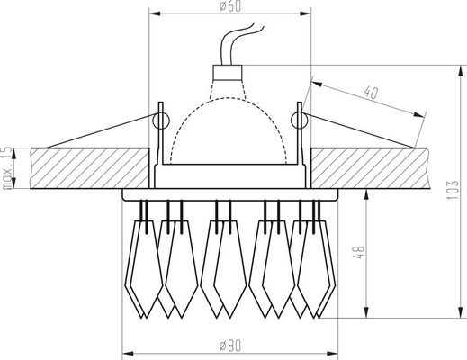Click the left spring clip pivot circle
pyautogui.click(x=161, y=118)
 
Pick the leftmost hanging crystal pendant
pyautogui.click(x=144, y=261)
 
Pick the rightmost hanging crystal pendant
pyautogui.click(x=314, y=261)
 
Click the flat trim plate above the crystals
pyautogui.click(x=230, y=193)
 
